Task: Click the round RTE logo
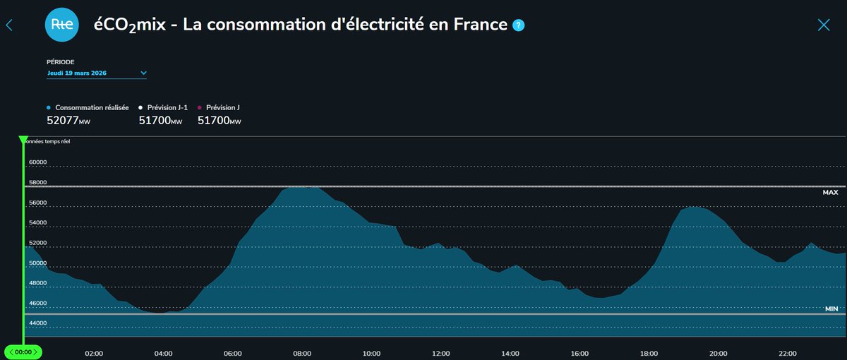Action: [x=62, y=25]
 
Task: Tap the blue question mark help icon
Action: [x=519, y=25]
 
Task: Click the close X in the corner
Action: [x=823, y=25]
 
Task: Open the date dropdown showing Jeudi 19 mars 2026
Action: [x=96, y=73]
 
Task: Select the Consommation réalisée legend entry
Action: [x=92, y=107]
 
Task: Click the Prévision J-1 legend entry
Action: [x=167, y=107]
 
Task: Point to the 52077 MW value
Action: [x=68, y=121]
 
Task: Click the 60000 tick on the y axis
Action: [x=37, y=162]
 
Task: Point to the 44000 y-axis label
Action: [x=37, y=323]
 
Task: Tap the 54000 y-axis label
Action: [x=37, y=223]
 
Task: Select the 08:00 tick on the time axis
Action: [x=302, y=354]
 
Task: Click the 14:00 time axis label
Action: [x=510, y=354]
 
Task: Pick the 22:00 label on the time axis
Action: [x=788, y=354]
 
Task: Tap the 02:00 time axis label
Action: [x=94, y=354]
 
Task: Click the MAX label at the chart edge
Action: [x=829, y=193]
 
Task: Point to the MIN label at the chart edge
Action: [x=831, y=309]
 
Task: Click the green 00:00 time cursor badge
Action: [x=23, y=352]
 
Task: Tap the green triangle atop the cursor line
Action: [x=23, y=140]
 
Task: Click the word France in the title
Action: [x=482, y=25]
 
